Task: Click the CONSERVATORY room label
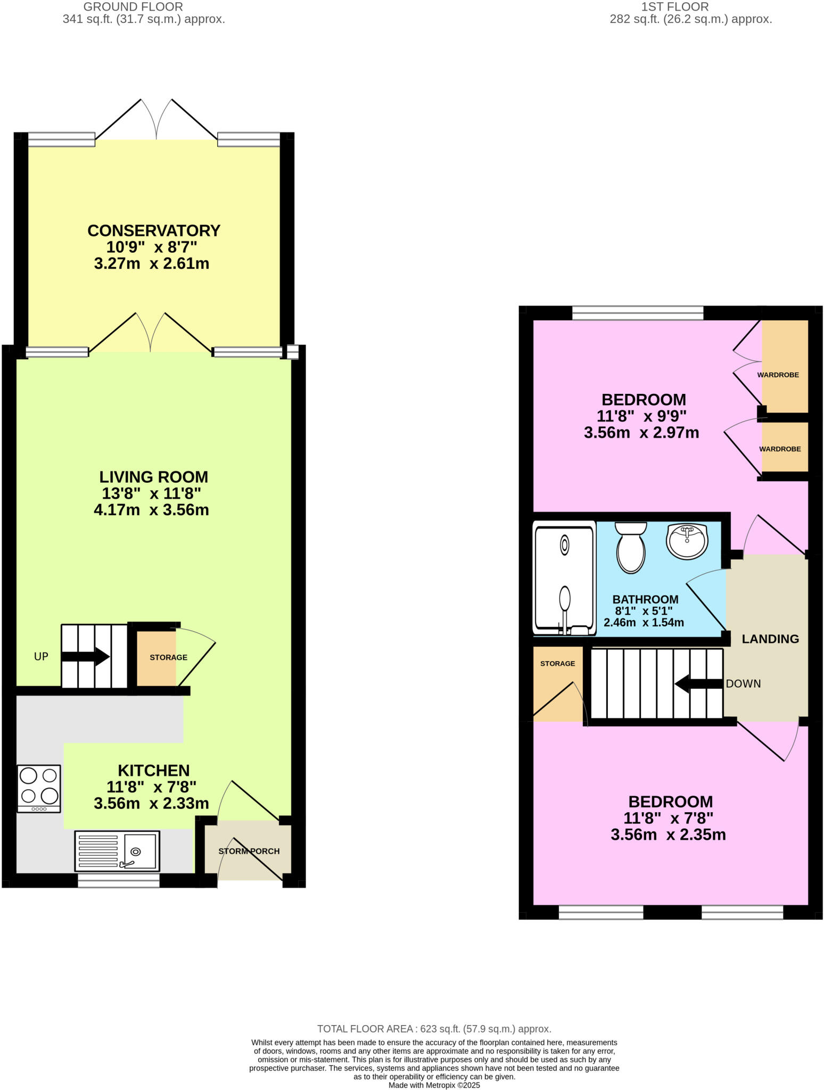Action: click(x=154, y=231)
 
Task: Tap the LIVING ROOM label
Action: click(x=154, y=477)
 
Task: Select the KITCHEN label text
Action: click(x=154, y=771)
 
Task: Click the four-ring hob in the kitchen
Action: click(x=39, y=788)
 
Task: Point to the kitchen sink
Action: click(x=117, y=851)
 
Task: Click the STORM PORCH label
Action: click(x=249, y=851)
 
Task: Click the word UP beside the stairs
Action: click(x=41, y=657)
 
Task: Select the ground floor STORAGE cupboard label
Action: click(x=168, y=657)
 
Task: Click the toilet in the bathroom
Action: click(x=631, y=547)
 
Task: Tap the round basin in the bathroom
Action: click(x=687, y=541)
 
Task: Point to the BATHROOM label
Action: click(x=645, y=599)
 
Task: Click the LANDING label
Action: click(x=770, y=639)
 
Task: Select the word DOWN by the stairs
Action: click(x=743, y=683)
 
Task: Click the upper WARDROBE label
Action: click(x=778, y=375)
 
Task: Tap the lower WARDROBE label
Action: click(x=780, y=449)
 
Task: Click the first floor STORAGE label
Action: click(x=557, y=664)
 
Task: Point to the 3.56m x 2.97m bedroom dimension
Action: click(x=641, y=433)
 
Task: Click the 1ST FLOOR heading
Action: click(x=675, y=7)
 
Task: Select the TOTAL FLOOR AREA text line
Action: click(x=434, y=1029)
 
